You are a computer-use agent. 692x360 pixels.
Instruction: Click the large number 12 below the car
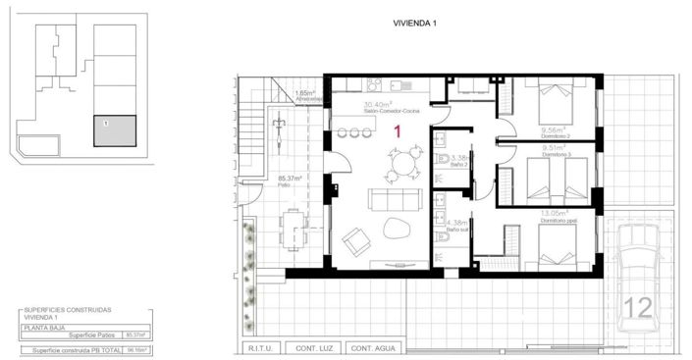[637, 308]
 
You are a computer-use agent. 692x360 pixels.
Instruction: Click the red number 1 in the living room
[398, 130]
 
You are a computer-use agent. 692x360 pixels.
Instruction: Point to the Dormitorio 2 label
[556, 132]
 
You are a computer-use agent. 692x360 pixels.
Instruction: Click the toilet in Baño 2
[444, 159]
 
